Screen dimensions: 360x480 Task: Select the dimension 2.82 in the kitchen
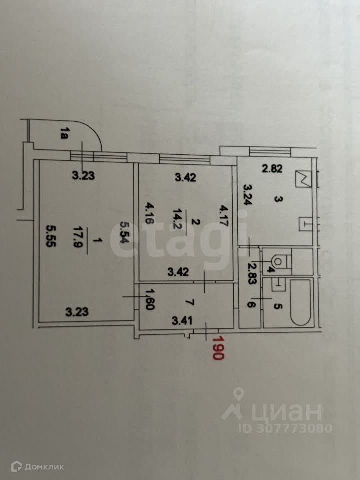tap(273, 168)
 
